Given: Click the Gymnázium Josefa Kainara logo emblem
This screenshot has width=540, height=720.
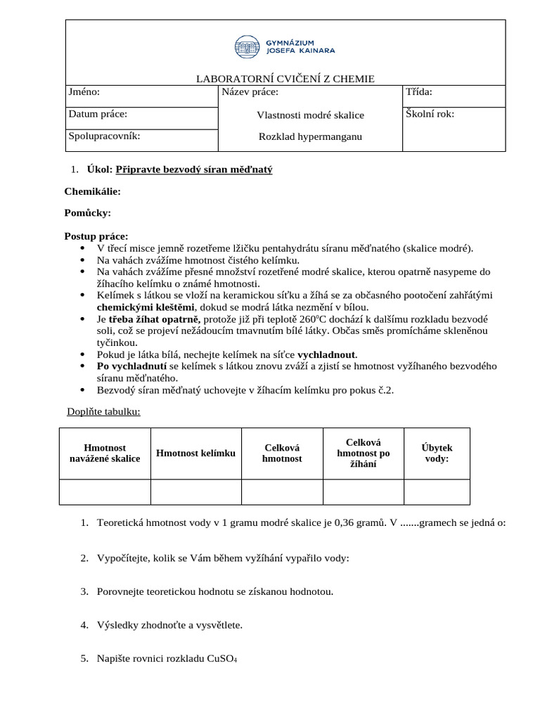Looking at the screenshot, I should (x=247, y=47).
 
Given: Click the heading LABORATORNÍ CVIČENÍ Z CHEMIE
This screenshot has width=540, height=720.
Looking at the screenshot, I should (x=285, y=79).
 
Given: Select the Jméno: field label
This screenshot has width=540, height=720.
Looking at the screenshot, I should (x=84, y=92).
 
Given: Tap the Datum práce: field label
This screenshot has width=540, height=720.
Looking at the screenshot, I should (x=98, y=114).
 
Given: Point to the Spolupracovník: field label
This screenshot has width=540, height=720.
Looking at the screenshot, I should (x=104, y=136).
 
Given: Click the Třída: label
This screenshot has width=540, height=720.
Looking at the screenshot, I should (x=419, y=92).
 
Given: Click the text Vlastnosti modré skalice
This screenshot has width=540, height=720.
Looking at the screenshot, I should (x=310, y=115).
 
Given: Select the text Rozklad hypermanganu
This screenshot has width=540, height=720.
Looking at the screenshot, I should (x=310, y=136).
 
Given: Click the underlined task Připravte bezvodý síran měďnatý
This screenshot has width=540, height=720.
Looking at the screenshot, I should (x=193, y=169).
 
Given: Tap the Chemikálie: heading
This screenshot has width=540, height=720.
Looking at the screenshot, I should (x=92, y=191).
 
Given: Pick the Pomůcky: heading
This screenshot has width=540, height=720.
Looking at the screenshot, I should (x=88, y=213).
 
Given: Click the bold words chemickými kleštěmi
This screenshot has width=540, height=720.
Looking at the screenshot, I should (x=143, y=307).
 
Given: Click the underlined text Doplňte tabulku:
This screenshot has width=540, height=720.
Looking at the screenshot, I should (x=103, y=411).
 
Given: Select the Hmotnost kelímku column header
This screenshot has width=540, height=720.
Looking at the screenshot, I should (x=195, y=453).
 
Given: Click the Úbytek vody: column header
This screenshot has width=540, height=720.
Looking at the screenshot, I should (x=437, y=453).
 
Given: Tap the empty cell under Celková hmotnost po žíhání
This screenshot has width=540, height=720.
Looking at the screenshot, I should (x=363, y=491).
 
